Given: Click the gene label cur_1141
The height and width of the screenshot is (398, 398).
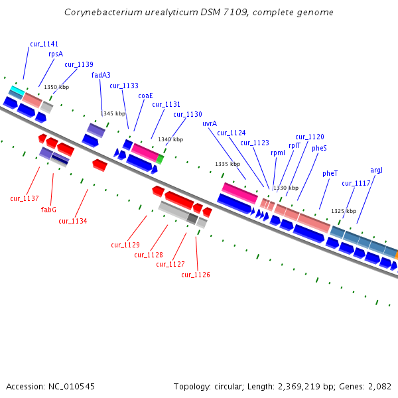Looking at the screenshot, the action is click(x=44, y=44).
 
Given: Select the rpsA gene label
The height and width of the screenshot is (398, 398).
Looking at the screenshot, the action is click(x=56, y=54).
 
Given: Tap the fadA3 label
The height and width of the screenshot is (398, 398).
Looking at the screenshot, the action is click(x=101, y=75).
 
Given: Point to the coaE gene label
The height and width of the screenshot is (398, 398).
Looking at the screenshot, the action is click(x=145, y=96).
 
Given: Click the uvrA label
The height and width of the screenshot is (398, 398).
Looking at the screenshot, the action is click(x=210, y=123).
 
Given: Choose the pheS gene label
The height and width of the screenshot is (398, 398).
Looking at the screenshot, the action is click(x=319, y=148).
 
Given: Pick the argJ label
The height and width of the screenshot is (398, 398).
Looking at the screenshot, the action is click(x=376, y=170).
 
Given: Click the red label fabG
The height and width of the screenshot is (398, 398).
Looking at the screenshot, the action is click(x=48, y=210).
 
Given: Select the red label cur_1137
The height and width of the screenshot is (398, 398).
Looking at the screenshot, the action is click(x=25, y=198).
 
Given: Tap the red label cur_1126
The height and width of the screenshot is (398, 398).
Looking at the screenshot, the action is click(x=196, y=275).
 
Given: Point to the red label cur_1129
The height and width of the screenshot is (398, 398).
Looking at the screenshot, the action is click(x=125, y=245).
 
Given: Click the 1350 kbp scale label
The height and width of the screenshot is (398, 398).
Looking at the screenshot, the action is click(x=56, y=87).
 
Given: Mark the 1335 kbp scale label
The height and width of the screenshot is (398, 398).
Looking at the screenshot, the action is click(x=228, y=164).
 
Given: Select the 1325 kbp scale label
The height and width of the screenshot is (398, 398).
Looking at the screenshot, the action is click(x=344, y=211).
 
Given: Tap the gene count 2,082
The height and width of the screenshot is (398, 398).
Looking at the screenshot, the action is click(x=378, y=386).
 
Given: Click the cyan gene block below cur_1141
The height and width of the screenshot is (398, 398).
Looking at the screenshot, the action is click(x=17, y=90).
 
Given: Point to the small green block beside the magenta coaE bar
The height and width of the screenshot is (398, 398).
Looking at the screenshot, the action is click(x=160, y=159).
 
